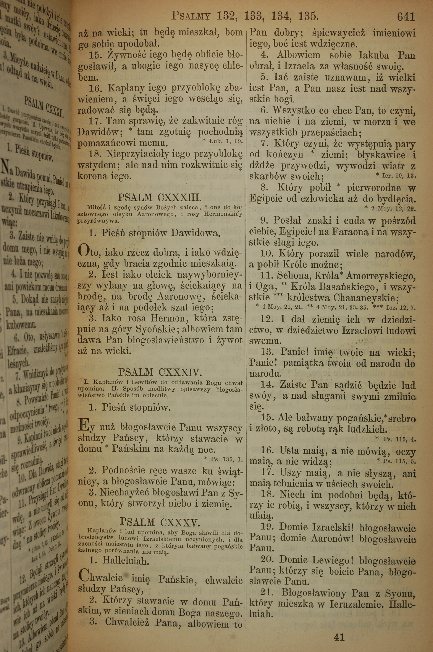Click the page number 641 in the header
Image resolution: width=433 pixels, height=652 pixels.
(406, 17)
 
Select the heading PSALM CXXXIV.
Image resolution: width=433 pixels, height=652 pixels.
(160, 373)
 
